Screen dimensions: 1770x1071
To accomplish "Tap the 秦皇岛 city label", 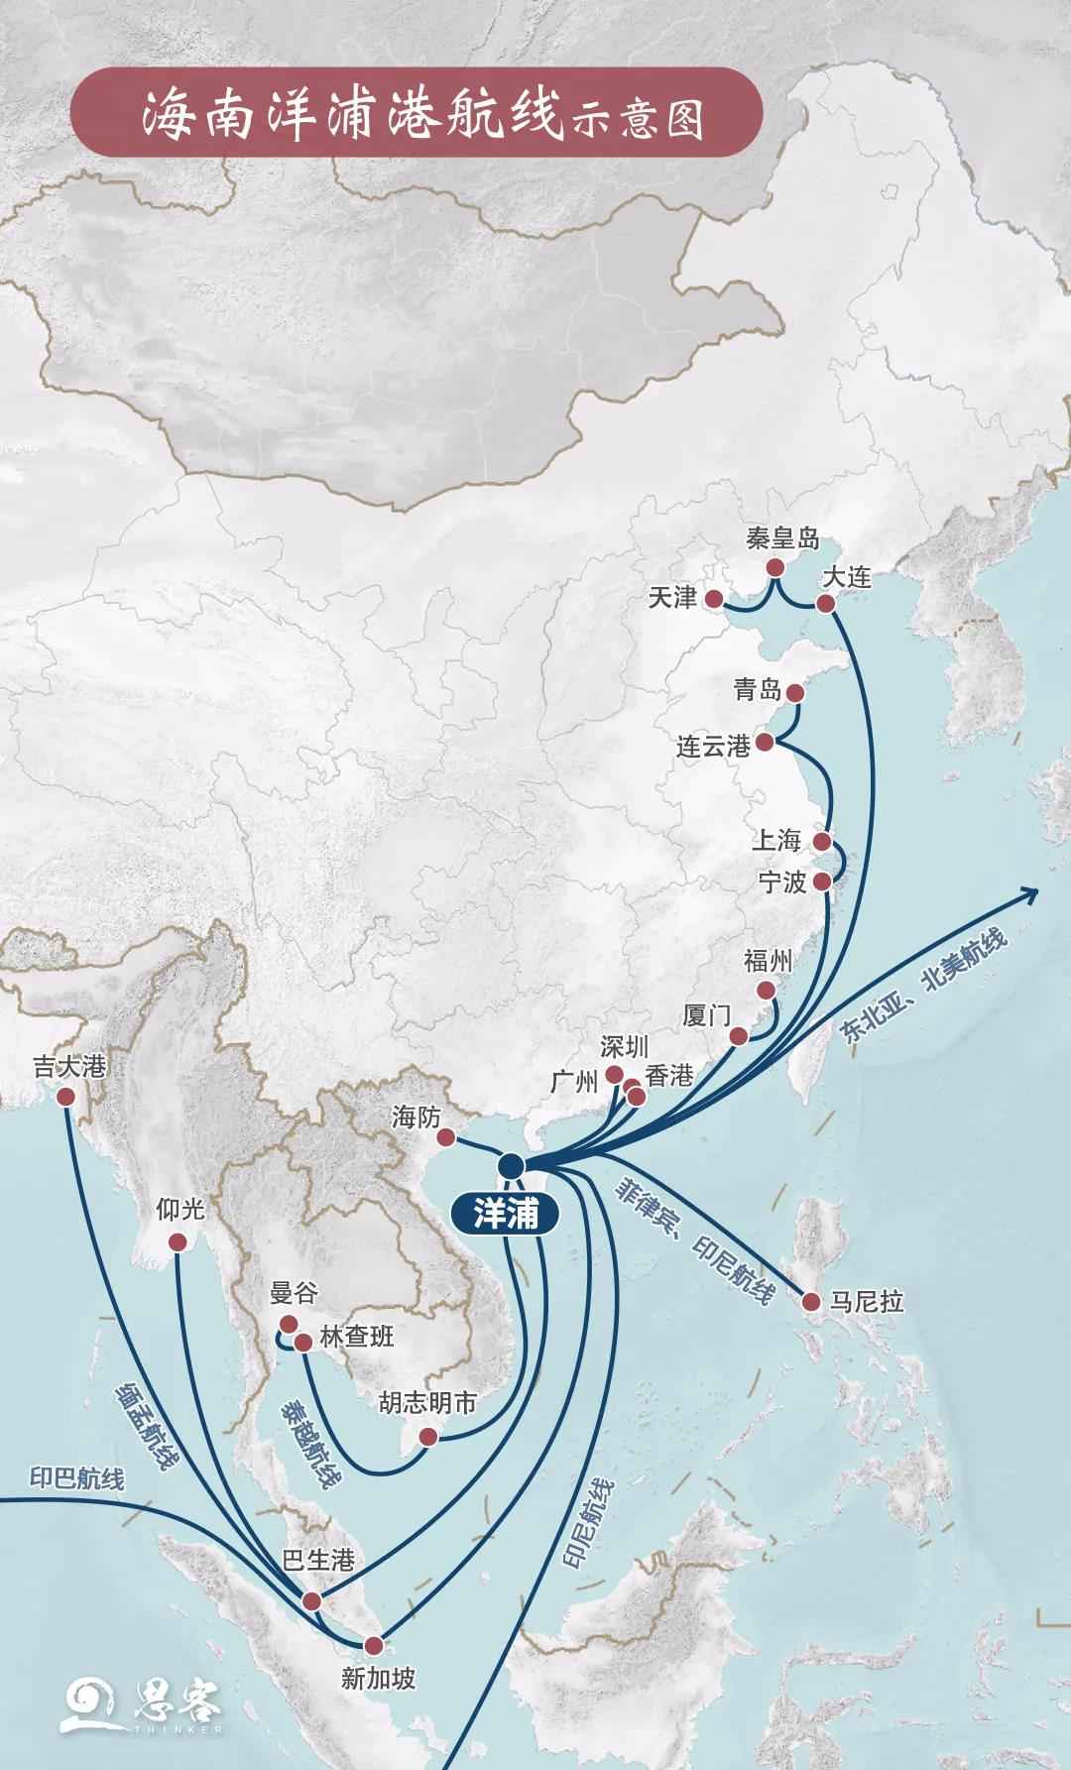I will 783,539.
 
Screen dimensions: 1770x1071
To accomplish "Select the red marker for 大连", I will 825,604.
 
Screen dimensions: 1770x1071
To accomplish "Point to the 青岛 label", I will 758,690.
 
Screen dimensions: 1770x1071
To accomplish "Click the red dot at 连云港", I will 765,743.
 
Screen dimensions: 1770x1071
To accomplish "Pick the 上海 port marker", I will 822,842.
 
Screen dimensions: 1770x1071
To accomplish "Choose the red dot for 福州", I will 766,991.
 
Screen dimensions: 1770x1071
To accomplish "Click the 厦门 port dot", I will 738,1036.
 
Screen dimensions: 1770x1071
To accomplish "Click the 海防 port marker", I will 446,1137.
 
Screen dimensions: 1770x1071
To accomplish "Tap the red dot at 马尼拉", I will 810,1302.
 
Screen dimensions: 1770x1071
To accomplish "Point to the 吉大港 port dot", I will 66,1097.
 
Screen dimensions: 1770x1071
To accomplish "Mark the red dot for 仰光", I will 178,1242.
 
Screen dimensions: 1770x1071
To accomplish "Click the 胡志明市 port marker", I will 428,1437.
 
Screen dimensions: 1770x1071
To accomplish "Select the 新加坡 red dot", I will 374,1645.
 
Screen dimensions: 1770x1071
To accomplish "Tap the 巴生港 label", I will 318,1560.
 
